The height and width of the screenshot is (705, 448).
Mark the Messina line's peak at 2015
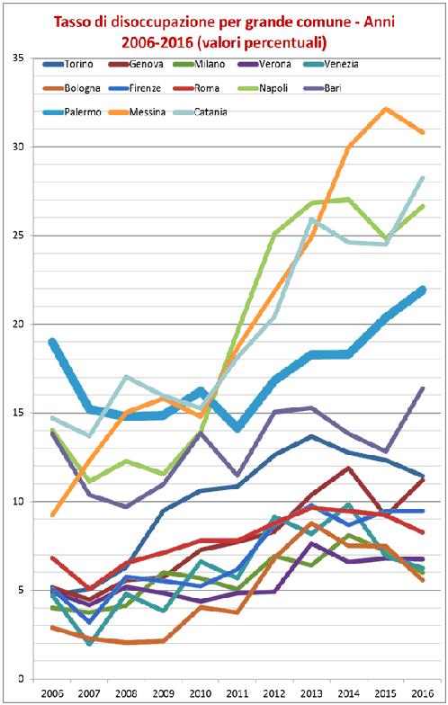[386, 109]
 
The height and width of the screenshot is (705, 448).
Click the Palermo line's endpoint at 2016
[423, 290]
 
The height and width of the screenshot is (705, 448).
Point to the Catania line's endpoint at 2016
[423, 178]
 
